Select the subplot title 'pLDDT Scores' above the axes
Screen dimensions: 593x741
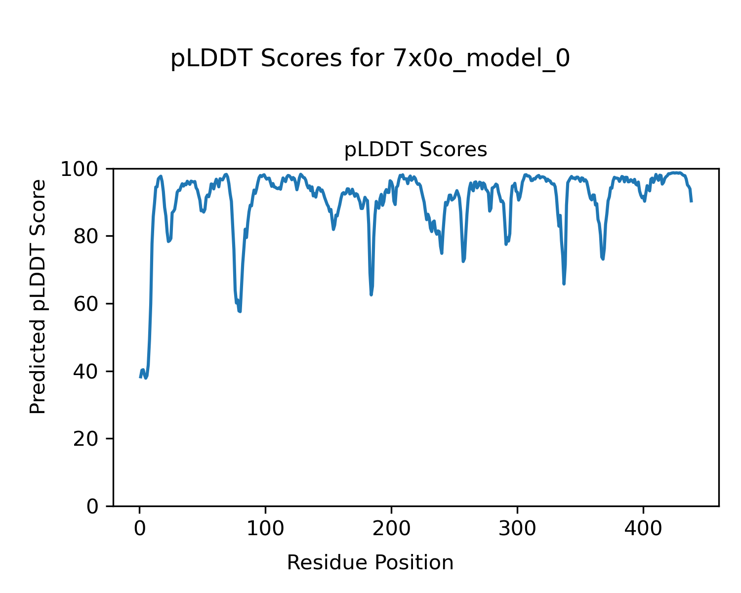tap(415, 150)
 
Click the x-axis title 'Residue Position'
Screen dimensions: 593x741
tap(370, 562)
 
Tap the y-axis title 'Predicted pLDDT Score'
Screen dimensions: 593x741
tap(38, 296)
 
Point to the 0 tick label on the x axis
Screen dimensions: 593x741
tap(140, 529)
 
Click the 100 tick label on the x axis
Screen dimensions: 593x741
tap(265, 529)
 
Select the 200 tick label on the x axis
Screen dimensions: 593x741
tap(391, 529)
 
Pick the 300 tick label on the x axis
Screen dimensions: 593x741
tap(517, 529)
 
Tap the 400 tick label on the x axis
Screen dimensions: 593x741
tap(643, 529)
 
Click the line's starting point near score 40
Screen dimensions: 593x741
tap(140, 377)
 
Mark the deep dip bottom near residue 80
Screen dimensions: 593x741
tap(240, 312)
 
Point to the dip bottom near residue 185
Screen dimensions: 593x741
tap(371, 295)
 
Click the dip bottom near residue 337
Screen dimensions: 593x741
tap(564, 284)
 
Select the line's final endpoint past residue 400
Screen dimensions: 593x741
tap(691, 201)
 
